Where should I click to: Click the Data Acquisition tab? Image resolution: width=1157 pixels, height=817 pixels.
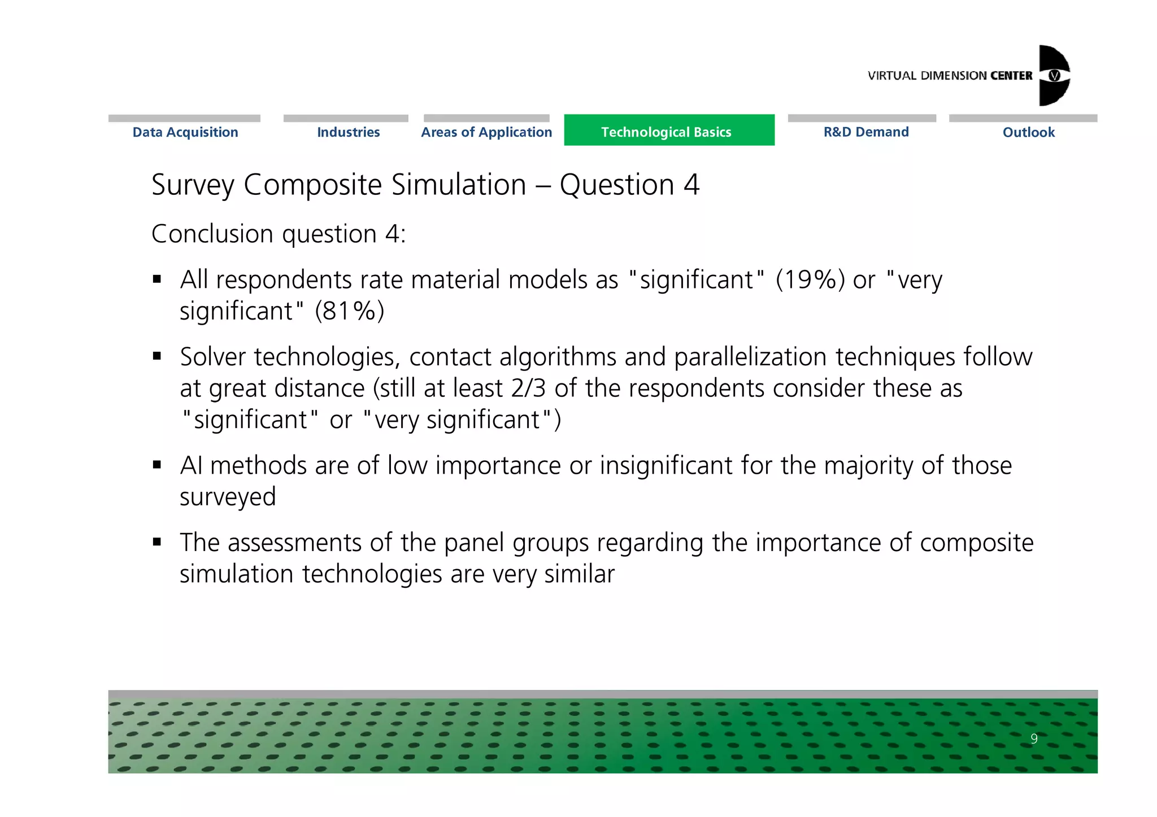pos(185,132)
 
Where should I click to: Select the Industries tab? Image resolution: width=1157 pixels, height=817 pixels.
pos(348,132)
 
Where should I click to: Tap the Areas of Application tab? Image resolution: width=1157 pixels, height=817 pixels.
pos(486,132)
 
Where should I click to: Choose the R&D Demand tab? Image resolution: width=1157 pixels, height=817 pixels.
pos(865,132)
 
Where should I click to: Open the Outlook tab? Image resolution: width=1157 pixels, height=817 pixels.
pos(1028,132)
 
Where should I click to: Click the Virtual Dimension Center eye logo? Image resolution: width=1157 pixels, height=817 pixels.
pos(1054,76)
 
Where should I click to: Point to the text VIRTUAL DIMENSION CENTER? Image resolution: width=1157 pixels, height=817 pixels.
pos(949,76)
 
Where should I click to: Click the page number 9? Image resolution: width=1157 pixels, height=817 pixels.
pos(1033,739)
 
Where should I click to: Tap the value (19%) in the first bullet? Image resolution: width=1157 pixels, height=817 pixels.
pos(810,279)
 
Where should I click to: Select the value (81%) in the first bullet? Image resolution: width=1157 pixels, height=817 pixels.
pos(350,311)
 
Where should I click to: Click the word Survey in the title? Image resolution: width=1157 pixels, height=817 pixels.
pos(193,185)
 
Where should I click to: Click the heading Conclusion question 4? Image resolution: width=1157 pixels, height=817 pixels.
pos(279,234)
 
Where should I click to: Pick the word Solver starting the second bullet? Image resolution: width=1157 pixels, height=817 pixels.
pos(213,357)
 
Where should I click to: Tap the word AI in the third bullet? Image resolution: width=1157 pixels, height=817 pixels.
pos(190,466)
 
